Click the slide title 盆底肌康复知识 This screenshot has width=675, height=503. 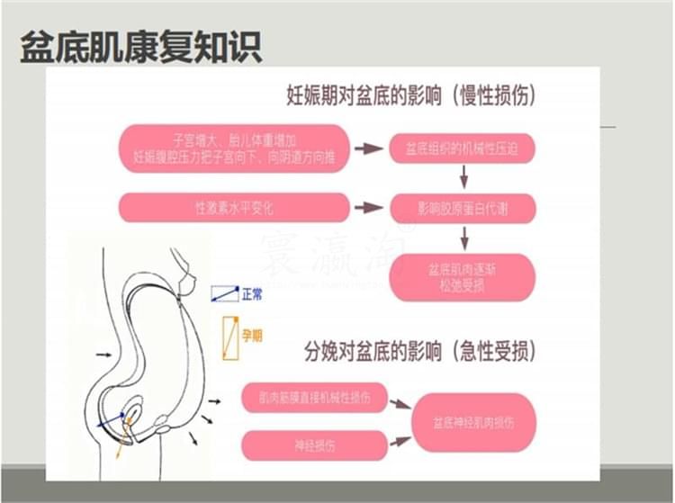[141, 48]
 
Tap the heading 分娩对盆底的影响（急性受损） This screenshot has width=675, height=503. [420, 350]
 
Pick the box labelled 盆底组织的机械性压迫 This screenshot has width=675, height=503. [461, 148]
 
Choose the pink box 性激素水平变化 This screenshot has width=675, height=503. [233, 208]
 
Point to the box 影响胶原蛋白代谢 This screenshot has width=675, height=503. [461, 209]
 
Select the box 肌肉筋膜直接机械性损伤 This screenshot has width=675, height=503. [313, 396]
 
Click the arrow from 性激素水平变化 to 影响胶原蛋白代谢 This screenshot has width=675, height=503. [368, 208]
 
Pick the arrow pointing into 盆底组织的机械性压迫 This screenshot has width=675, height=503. [368, 148]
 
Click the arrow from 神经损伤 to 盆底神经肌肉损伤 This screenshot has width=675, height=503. [399, 440]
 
